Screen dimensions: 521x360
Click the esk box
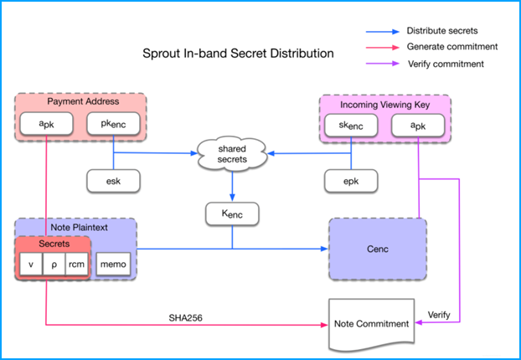(x=113, y=181)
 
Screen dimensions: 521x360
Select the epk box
(x=351, y=181)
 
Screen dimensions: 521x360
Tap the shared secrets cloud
(x=232, y=154)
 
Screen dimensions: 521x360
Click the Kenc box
(x=232, y=213)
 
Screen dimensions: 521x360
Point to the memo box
(x=113, y=264)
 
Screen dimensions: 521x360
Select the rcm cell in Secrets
(x=77, y=264)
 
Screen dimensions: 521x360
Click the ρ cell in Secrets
(x=54, y=264)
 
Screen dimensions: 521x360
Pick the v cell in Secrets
(x=31, y=264)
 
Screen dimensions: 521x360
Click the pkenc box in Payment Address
(x=113, y=124)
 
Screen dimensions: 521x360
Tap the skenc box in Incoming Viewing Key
(x=351, y=126)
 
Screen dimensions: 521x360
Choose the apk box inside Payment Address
(x=47, y=124)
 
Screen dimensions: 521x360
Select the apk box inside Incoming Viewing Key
(x=418, y=126)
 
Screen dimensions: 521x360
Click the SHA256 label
(x=185, y=318)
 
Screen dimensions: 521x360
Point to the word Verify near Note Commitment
(x=439, y=315)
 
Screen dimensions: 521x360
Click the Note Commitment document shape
(x=371, y=325)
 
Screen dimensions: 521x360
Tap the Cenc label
(x=378, y=249)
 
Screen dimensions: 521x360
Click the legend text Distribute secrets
(x=442, y=30)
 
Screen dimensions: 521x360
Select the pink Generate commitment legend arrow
(x=383, y=48)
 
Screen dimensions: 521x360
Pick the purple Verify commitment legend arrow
(x=383, y=64)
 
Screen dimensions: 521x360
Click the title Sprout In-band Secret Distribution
(x=238, y=53)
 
